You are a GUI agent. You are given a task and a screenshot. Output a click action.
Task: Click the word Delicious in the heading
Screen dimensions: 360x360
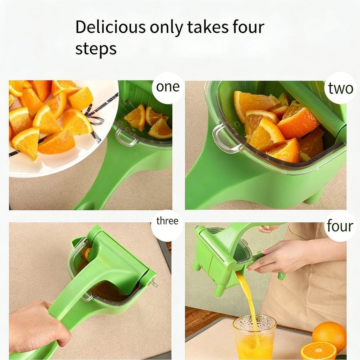point(110,28)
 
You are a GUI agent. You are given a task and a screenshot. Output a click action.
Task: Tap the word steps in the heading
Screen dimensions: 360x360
point(96,49)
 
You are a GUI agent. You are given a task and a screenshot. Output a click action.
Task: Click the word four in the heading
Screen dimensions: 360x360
point(247,28)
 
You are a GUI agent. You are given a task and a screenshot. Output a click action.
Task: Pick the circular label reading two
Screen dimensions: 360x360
point(340,89)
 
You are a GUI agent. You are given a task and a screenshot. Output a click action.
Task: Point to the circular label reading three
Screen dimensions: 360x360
point(167,221)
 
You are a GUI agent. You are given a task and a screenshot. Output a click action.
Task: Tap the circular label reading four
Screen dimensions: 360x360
point(340,226)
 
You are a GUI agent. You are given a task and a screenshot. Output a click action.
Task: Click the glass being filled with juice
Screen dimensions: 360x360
point(254,337)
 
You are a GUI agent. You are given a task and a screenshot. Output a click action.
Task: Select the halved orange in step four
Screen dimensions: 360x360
point(318,351)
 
